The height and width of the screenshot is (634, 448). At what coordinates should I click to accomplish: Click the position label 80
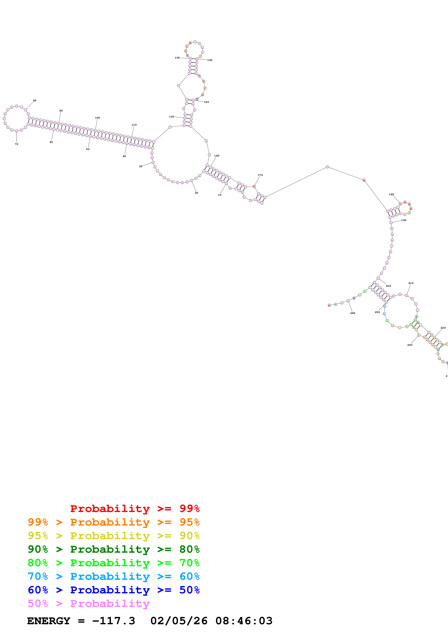pos(35,100)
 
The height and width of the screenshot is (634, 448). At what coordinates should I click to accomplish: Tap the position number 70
pos(17,144)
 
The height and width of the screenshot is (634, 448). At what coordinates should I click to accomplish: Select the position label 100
pos(97,118)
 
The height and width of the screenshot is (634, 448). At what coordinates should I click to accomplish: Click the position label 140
pos(210,60)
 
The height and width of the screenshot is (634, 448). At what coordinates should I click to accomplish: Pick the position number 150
pos(206,102)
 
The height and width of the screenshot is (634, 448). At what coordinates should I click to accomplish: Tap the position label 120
pos(172,117)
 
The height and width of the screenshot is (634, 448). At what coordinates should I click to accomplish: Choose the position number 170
pos(260,175)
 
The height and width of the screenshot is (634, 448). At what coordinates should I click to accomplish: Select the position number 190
pos(404,220)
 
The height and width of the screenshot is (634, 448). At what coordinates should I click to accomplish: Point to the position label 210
pos(411,283)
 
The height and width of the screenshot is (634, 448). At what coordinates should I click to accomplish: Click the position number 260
pos(353,313)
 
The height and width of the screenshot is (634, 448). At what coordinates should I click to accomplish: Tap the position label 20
pos(196,193)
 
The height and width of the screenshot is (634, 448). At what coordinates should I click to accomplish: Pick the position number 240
pos(410,345)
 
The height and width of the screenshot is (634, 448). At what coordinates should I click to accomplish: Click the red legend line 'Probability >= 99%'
pos(135,508)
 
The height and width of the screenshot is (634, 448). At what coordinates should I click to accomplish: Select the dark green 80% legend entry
pos(113,549)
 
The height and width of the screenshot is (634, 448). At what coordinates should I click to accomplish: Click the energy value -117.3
pos(113,621)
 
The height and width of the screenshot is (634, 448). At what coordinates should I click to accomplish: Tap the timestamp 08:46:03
pos(244,621)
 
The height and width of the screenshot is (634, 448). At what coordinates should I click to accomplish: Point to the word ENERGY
pos(49,621)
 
